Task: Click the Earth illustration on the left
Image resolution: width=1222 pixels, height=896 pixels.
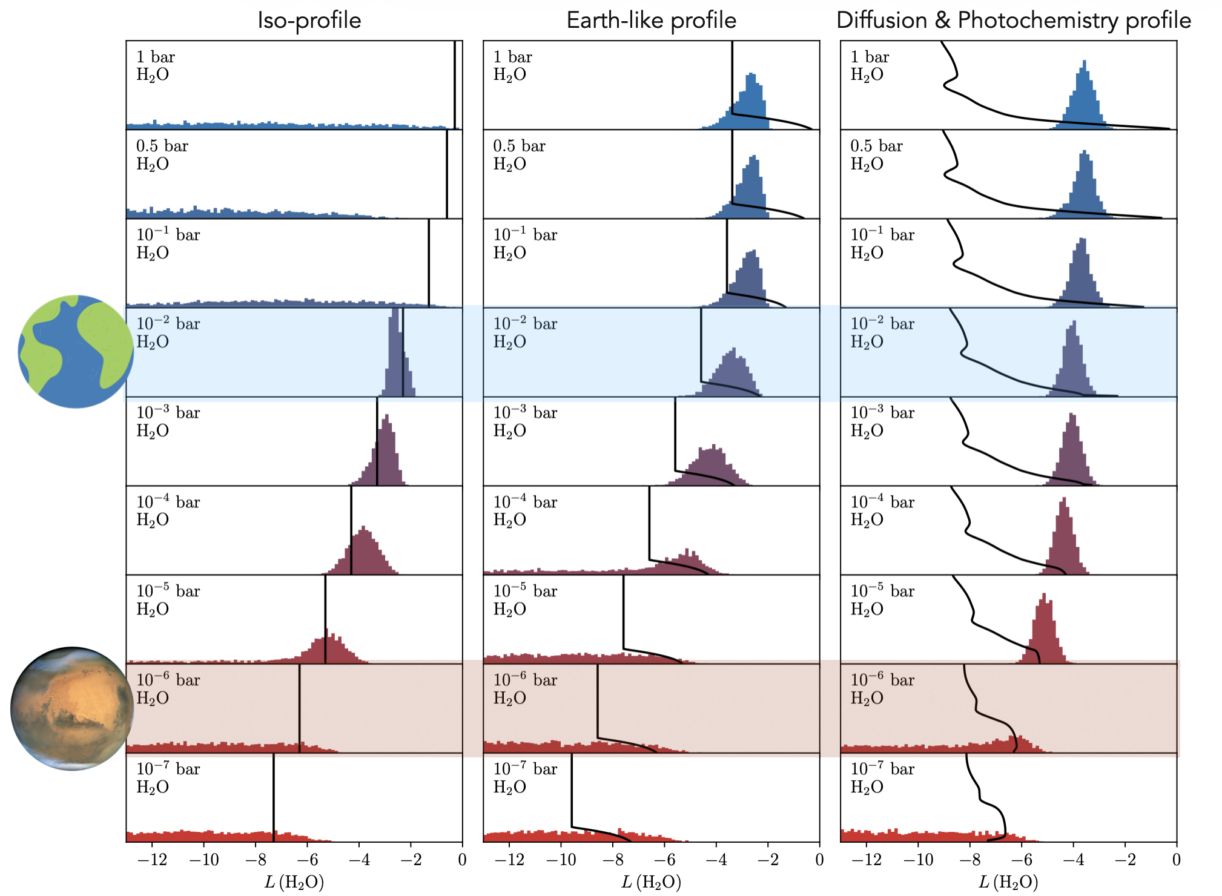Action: (75, 351)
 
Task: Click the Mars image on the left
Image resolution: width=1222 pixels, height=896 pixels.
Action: (72, 708)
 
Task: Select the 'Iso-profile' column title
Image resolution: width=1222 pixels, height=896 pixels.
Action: (309, 21)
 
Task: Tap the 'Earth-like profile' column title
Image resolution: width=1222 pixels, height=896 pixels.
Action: (651, 21)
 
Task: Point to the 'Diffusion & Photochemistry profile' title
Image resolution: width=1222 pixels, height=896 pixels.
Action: (1013, 21)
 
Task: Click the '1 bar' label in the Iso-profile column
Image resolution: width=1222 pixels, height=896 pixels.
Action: (155, 58)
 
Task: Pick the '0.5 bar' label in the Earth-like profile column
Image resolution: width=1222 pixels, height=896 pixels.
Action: (519, 147)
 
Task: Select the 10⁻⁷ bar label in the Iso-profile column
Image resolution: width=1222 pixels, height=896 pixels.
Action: (168, 769)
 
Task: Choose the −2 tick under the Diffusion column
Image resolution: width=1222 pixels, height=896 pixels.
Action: (1125, 860)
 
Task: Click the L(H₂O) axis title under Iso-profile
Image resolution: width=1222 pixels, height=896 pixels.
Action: (294, 882)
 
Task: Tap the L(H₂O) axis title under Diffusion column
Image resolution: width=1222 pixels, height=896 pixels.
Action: (1008, 882)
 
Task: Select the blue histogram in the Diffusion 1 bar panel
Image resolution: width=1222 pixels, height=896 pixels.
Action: (1084, 97)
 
